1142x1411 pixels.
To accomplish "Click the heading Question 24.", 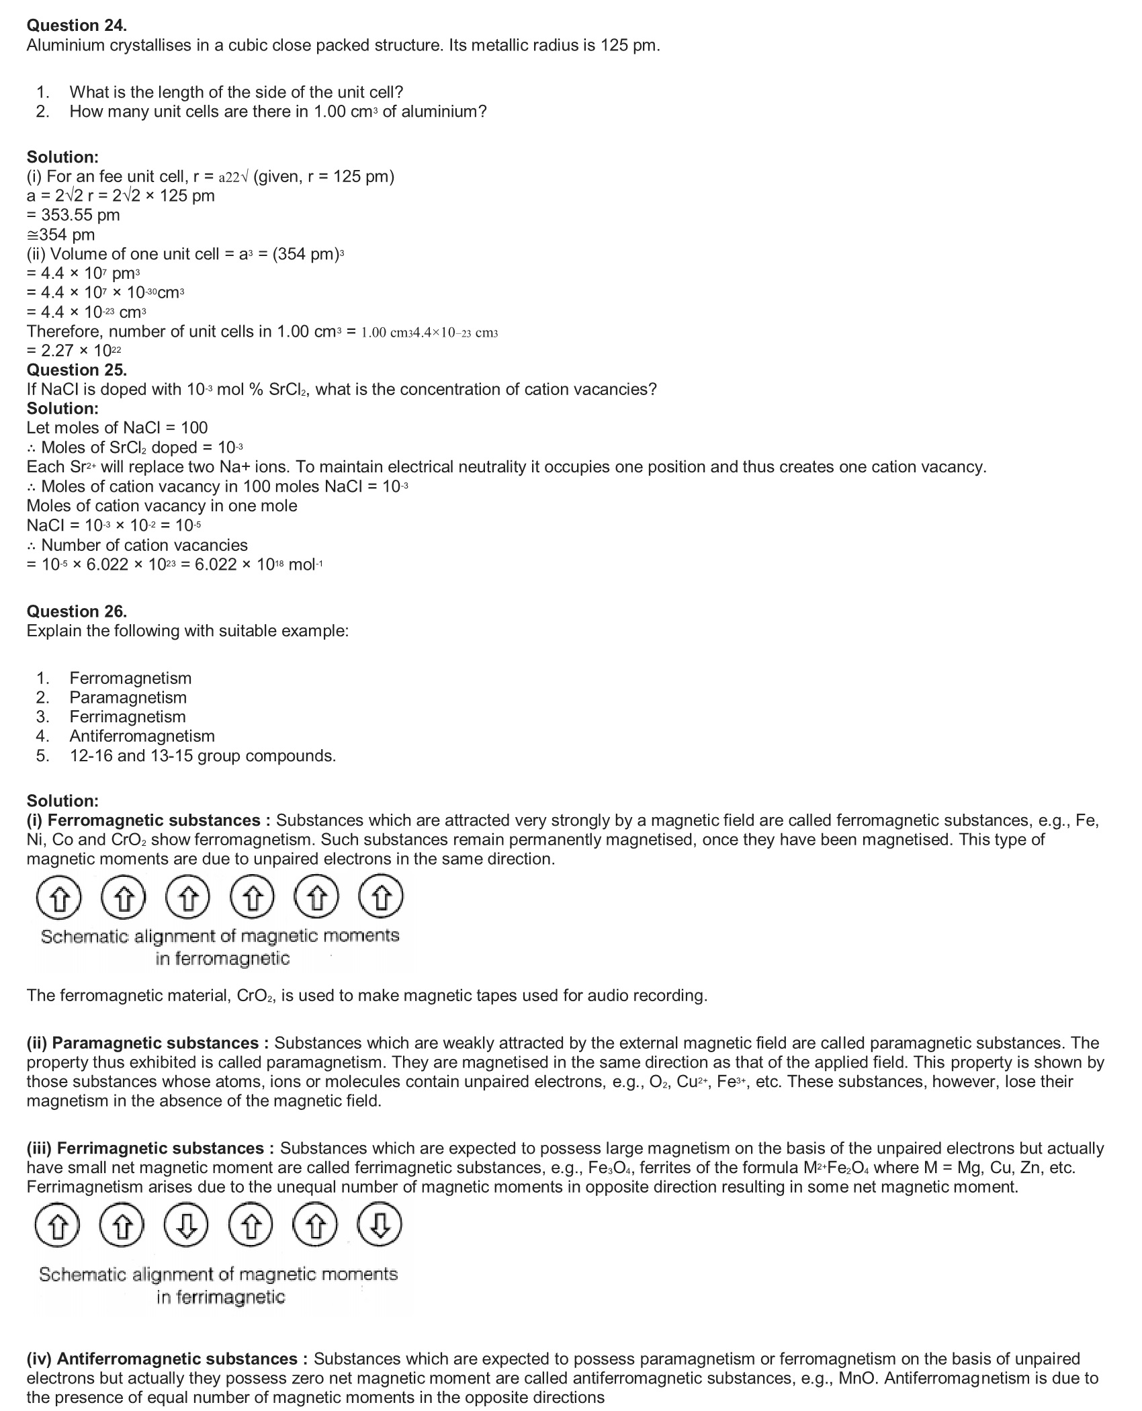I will pos(77,26).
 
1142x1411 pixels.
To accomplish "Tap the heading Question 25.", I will pos(77,370).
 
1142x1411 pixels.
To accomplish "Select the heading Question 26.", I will pos(77,611).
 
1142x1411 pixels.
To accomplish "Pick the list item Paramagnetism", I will pos(128,697).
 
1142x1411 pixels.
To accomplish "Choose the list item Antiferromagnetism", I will pos(142,736).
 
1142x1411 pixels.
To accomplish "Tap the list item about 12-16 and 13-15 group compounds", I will pos(202,756).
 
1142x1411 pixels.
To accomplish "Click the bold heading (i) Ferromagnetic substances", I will pos(148,820).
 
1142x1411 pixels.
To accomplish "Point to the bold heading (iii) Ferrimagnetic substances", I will pos(150,1148).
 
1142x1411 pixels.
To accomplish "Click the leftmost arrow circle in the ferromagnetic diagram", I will pos(58,898).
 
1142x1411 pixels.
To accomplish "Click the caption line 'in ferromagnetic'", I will pos(222,958).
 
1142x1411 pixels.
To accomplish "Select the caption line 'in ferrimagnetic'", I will pos(221,1297).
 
